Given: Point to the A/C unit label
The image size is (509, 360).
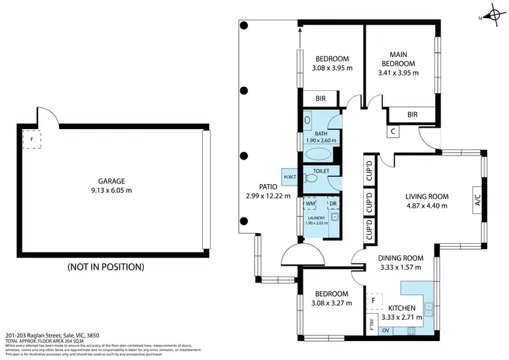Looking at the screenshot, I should [477, 200].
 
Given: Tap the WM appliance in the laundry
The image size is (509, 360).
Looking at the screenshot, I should [310, 203].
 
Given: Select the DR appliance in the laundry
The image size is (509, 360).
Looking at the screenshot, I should [333, 203].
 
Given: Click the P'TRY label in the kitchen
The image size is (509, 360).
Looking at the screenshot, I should [371, 323].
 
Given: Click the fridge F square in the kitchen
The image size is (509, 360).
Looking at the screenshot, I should [373, 300].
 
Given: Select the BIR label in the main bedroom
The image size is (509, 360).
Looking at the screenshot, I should [413, 115].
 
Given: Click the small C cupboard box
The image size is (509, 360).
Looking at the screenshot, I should [393, 132].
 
